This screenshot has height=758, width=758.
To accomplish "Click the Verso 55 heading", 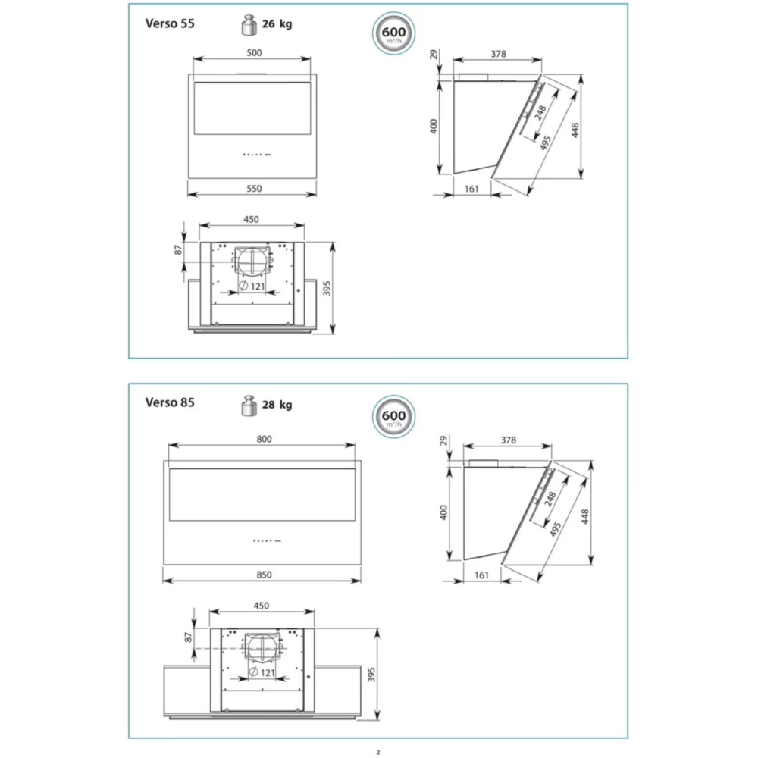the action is (170, 23).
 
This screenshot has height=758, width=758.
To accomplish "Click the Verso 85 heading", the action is (170, 402).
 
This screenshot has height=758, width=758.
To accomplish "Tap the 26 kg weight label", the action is (277, 23).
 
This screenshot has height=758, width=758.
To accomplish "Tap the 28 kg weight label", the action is (277, 405).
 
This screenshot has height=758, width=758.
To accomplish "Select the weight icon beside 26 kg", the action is (249, 25).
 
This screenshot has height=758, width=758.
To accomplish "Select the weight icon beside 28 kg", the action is (249, 406).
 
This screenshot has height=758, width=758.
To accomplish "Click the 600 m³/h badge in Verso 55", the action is (393, 33).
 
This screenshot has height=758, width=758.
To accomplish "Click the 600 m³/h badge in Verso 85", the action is (393, 416).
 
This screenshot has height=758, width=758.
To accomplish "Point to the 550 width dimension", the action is (254, 189).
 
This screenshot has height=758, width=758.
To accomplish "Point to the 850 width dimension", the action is (264, 575).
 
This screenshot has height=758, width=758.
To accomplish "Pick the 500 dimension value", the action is (254, 53).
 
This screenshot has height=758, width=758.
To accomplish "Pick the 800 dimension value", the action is (264, 439).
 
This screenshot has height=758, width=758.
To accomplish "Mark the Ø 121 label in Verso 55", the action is (252, 286).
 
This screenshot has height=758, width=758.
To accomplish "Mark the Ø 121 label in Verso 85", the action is (262, 672).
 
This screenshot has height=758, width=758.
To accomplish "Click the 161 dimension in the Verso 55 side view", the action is (471, 189).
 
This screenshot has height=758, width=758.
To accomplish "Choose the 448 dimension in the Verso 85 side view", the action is (585, 517).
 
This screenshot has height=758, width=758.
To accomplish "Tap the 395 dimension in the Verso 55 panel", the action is (327, 288).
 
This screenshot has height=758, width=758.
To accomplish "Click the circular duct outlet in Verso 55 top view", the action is (252, 262).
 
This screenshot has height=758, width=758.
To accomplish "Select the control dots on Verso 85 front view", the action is (267, 540).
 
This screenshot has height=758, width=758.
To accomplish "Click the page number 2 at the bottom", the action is (378, 752).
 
